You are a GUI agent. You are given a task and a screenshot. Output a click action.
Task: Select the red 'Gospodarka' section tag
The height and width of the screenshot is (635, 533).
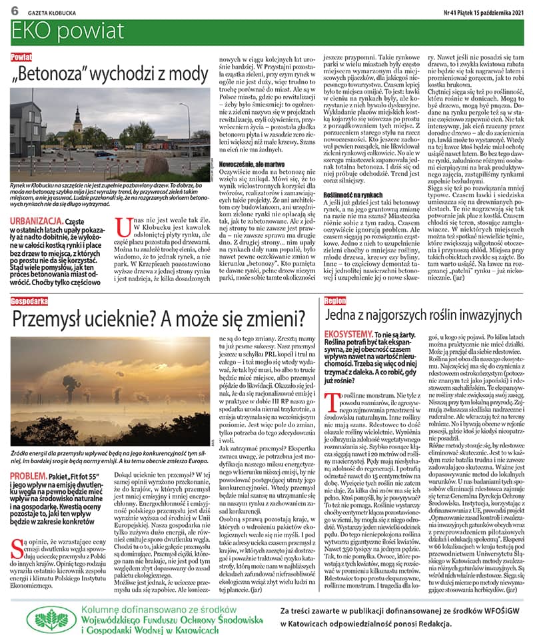pyautogui.click(x=29, y=301)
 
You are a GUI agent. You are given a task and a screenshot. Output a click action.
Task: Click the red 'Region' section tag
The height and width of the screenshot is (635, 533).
pyautogui.click(x=334, y=301)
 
